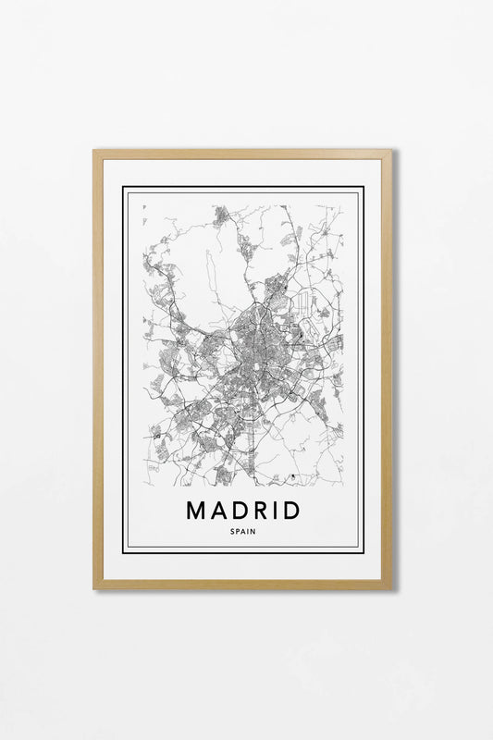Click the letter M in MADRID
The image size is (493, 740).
(195, 510)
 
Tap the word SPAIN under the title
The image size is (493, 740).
(245, 531)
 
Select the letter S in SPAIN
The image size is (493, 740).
(235, 531)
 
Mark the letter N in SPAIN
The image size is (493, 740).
(255, 531)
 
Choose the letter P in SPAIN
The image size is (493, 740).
(240, 531)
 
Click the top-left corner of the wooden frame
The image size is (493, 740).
(94, 151)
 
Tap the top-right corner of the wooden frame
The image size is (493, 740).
(390, 151)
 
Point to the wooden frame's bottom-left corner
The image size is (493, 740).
(94, 587)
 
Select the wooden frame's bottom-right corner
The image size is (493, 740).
(390, 587)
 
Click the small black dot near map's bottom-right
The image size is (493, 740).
(292, 476)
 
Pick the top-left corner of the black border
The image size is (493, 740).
(123, 187)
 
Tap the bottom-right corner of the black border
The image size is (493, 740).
(364, 552)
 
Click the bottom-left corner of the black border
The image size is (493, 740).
(123, 552)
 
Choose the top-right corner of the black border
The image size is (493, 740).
(364, 187)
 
